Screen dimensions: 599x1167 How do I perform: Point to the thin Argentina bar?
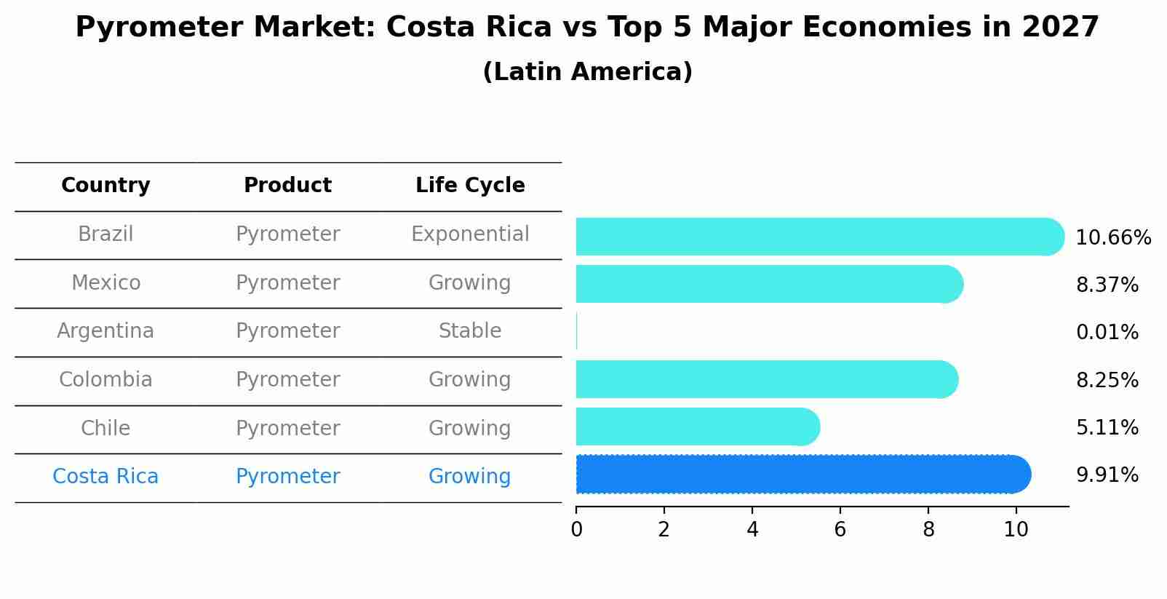[577, 332]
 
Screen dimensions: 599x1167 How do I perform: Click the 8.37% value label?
[1107, 285]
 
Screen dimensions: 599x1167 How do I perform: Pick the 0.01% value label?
[1107, 333]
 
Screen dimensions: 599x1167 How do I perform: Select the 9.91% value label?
[1107, 475]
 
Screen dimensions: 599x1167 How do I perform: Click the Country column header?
[105, 186]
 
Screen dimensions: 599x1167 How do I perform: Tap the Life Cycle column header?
[470, 186]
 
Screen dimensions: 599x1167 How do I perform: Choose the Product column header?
[287, 186]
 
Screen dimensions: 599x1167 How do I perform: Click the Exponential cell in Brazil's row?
[470, 234]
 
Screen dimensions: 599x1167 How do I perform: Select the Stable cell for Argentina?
[470, 331]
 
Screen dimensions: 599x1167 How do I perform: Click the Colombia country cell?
[105, 380]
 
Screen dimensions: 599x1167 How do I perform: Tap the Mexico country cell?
[105, 282]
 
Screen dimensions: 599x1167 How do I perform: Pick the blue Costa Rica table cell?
[105, 477]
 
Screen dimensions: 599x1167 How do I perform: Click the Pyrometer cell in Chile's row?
[287, 428]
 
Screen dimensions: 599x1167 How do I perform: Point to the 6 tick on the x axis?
[840, 530]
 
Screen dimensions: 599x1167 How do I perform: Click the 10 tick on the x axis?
[1016, 530]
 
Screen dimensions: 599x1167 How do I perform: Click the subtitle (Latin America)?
[587, 72]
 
